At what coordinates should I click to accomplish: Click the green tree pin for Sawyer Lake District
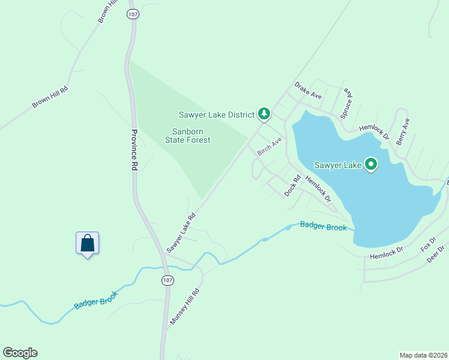(x=264, y=113)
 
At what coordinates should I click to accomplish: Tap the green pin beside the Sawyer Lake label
(x=371, y=164)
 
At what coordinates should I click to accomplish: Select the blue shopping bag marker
(x=88, y=243)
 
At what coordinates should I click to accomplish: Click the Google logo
(x=20, y=353)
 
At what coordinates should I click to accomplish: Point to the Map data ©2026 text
(x=423, y=355)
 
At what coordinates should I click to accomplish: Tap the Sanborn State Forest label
(x=188, y=136)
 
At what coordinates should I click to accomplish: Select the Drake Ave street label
(x=308, y=91)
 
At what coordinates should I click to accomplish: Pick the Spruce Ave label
(x=346, y=103)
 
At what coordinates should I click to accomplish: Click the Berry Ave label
(x=403, y=131)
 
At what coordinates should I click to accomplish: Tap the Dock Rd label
(x=292, y=185)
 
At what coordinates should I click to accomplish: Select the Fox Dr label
(x=427, y=245)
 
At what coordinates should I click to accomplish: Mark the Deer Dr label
(x=435, y=254)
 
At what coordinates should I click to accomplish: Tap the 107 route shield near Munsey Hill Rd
(x=168, y=280)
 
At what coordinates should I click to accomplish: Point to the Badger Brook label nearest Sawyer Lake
(x=323, y=226)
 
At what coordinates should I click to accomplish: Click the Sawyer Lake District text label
(x=217, y=114)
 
